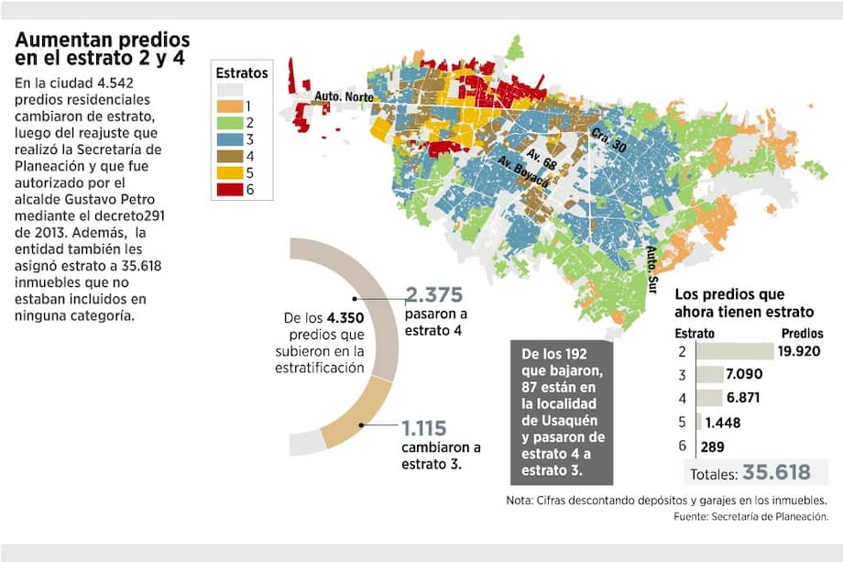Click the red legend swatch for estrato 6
point(230,191)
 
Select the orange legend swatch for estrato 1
point(230,107)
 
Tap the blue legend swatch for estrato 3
point(230,140)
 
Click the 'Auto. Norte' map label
point(341,94)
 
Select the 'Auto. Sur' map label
point(651,266)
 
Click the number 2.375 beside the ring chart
point(438,295)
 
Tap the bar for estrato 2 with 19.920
point(736,351)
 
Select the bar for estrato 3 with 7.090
point(709,374)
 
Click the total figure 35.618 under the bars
point(776,472)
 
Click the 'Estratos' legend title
point(242,71)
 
